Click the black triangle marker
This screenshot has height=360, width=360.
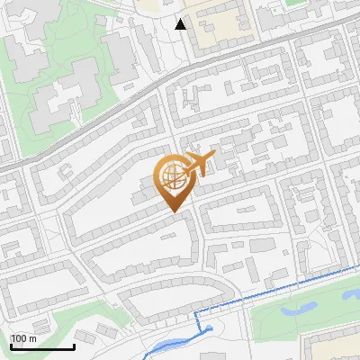click(x=180, y=24)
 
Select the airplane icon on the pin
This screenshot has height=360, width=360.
click(x=200, y=164)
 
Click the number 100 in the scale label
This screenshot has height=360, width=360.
click(x=18, y=338)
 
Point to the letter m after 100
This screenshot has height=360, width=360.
click(x=32, y=338)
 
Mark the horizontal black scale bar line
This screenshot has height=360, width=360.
click(x=42, y=347)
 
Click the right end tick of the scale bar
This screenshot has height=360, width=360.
click(x=74, y=345)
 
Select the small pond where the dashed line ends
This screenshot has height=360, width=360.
click(x=209, y=329)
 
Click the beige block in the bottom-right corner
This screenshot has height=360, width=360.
click(x=333, y=346)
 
